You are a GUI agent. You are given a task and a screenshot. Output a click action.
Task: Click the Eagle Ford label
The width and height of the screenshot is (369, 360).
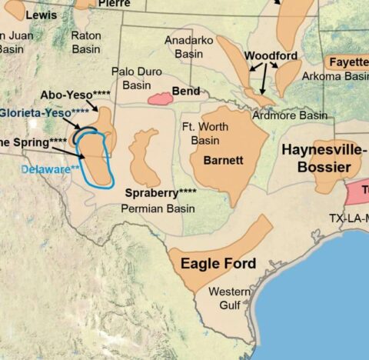tap(218, 264)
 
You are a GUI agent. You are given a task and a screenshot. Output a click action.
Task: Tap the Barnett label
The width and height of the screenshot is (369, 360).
tap(223, 161)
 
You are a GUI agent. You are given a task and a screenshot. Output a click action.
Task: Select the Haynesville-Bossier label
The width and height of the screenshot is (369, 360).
tap(321, 158)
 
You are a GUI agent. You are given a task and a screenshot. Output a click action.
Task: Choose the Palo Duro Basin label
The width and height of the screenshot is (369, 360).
tap(131, 78)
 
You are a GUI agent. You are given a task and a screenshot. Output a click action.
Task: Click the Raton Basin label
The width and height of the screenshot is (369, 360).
tap(86, 42)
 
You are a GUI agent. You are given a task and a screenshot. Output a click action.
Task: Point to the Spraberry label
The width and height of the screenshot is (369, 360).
tap(161, 192)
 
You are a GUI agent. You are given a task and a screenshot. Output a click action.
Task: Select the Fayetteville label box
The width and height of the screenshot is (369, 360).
tap(347, 62)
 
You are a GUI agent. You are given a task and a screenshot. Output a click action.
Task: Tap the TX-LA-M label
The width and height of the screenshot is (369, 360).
tap(344, 217)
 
